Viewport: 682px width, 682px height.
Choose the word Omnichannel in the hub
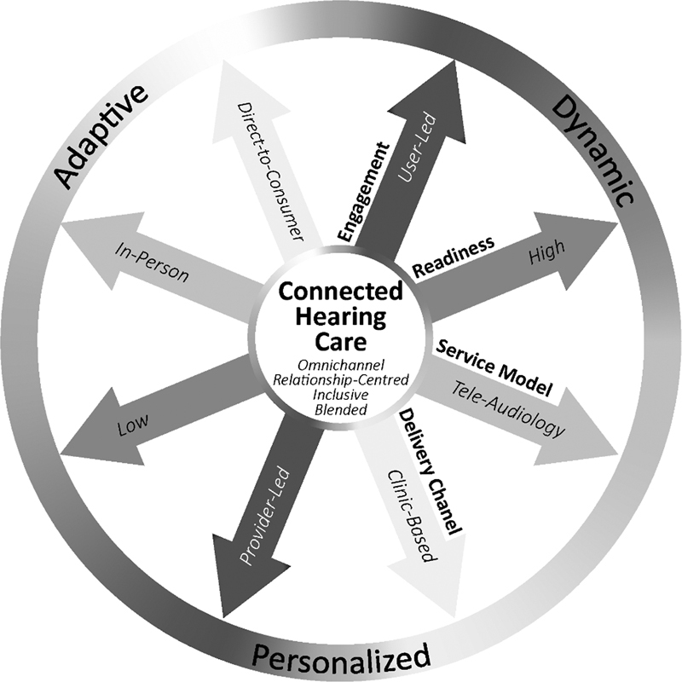pyautogui.click(x=340, y=366)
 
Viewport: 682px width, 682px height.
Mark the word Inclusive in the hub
pyautogui.click(x=340, y=394)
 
